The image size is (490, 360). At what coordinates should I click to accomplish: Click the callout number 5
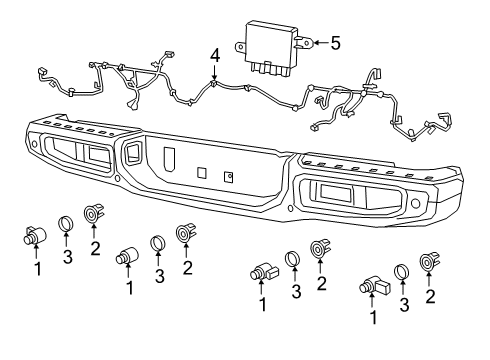[335, 42]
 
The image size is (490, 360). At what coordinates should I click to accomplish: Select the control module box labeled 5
[272, 44]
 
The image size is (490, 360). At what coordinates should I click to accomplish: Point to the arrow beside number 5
[317, 42]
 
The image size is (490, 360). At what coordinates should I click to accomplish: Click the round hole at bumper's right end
[415, 203]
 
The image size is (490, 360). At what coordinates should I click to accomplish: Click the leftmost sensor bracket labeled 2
[95, 213]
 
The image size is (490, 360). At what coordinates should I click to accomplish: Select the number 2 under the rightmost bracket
[430, 296]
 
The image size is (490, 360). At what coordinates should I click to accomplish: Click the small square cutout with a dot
[229, 176]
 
